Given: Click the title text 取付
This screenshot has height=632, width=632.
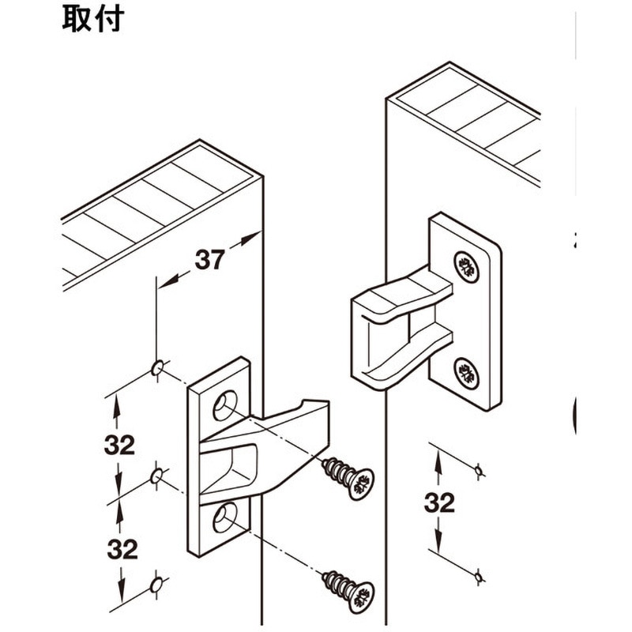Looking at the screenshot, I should (x=93, y=19).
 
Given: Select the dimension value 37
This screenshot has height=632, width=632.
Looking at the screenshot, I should (x=209, y=259).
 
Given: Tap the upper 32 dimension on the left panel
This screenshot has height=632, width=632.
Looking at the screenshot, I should (x=119, y=445).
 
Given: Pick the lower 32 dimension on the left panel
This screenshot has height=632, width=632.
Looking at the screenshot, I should (x=119, y=548).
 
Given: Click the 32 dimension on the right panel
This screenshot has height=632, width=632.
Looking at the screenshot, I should (x=439, y=502).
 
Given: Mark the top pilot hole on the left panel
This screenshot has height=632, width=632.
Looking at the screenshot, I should (x=157, y=368).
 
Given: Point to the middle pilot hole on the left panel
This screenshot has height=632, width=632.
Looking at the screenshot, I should (x=157, y=476).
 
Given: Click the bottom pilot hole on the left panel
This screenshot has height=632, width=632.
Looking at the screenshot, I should (x=157, y=585).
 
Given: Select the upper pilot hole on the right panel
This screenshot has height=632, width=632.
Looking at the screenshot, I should (x=478, y=472).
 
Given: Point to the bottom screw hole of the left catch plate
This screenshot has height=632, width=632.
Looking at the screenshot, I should (x=224, y=517).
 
